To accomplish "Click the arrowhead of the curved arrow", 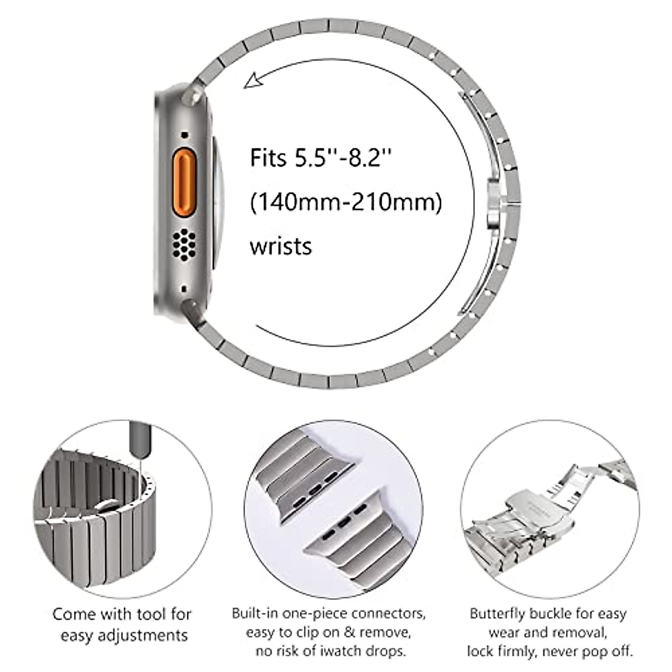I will [x=252, y=81].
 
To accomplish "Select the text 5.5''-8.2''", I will [x=343, y=158].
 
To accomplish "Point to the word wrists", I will [x=281, y=246].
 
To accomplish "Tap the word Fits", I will [x=268, y=158].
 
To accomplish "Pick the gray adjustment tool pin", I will [x=137, y=442].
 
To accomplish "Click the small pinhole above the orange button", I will [x=184, y=135].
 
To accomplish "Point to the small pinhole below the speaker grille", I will [x=184, y=289].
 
